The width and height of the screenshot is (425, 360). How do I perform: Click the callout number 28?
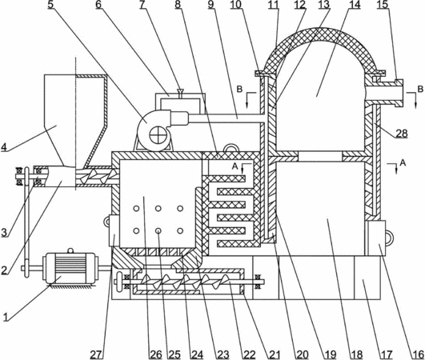[x=401, y=134]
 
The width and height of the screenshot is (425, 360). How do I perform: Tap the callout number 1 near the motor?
[x=6, y=317]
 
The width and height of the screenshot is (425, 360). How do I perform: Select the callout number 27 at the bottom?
[x=97, y=354]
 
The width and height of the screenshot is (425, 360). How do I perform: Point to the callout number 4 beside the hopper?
[x=4, y=147]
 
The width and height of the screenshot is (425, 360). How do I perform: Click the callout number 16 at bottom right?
[x=419, y=354]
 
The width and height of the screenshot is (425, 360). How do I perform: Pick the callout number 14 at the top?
[x=355, y=5]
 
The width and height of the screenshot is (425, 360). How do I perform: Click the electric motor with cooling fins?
[x=70, y=268]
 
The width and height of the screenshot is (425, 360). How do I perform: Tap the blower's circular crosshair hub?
[x=156, y=135]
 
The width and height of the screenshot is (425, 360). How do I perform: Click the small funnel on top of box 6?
[x=179, y=92]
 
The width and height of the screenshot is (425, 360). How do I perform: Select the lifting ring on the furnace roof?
[x=231, y=148]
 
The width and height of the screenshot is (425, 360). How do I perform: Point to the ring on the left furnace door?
[x=106, y=222]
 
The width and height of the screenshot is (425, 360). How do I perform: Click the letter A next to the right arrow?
[x=403, y=162]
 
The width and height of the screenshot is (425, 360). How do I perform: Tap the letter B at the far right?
[x=420, y=89]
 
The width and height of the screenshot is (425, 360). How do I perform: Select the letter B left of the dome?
[x=239, y=89]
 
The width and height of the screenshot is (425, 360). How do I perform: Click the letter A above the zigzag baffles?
[x=235, y=166]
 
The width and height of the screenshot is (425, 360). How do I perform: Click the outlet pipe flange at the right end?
[x=399, y=93]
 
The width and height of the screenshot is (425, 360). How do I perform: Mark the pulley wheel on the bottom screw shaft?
[x=118, y=282]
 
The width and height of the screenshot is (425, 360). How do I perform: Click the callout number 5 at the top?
[x=50, y=5]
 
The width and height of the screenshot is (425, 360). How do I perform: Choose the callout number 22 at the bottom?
[x=250, y=354]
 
